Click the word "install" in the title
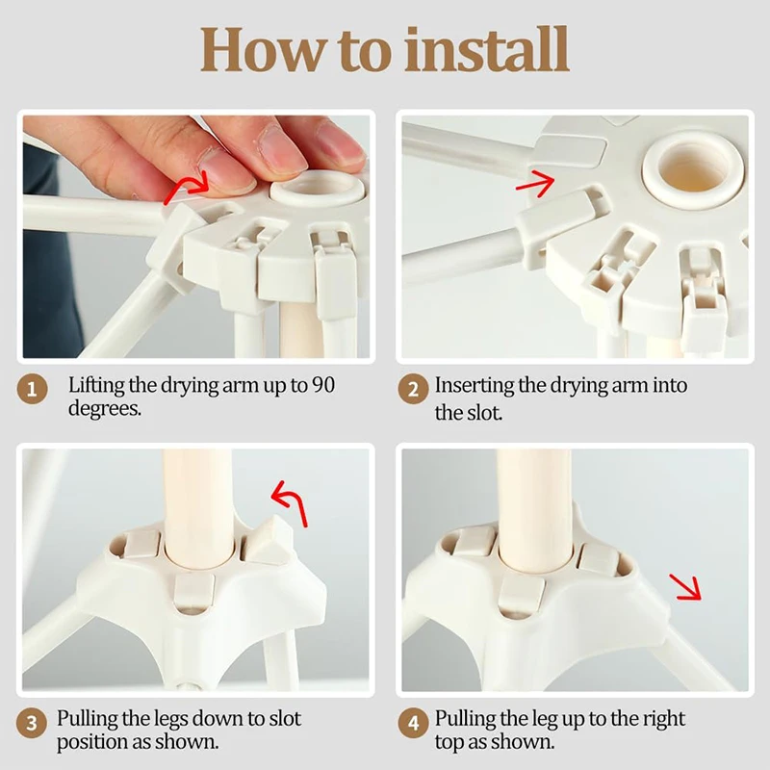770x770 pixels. [487, 50]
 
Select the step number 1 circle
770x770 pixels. [32, 390]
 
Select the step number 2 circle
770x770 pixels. [413, 390]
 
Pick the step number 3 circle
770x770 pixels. [32, 723]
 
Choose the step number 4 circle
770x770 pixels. [413, 723]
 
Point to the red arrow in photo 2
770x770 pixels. [535, 184]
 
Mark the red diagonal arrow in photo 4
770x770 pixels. [686, 587]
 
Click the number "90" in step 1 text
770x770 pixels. [323, 385]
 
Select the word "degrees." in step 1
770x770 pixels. [105, 408]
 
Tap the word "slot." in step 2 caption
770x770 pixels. [484, 413]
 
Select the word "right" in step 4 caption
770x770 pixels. [661, 719]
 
